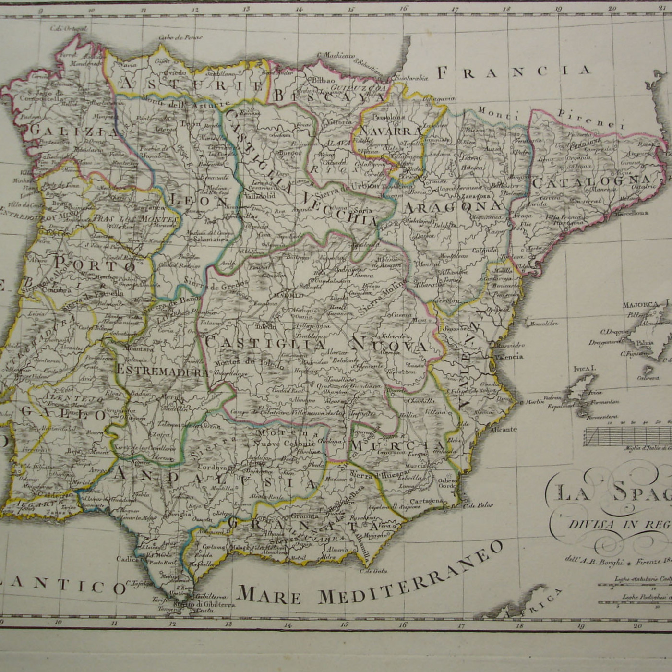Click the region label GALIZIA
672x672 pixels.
click(73, 131)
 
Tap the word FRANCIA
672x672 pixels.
click(514, 72)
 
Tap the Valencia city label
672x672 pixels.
click(509, 357)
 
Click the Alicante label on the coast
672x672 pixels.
click(503, 430)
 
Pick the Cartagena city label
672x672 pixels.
click(426, 501)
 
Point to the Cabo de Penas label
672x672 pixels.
click(180, 37)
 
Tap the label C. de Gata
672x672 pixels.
click(373, 571)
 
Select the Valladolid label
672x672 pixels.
click(260, 196)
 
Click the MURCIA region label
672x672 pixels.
click(397, 445)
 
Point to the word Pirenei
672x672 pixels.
click(591, 119)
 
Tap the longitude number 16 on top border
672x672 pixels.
click(404, 8)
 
